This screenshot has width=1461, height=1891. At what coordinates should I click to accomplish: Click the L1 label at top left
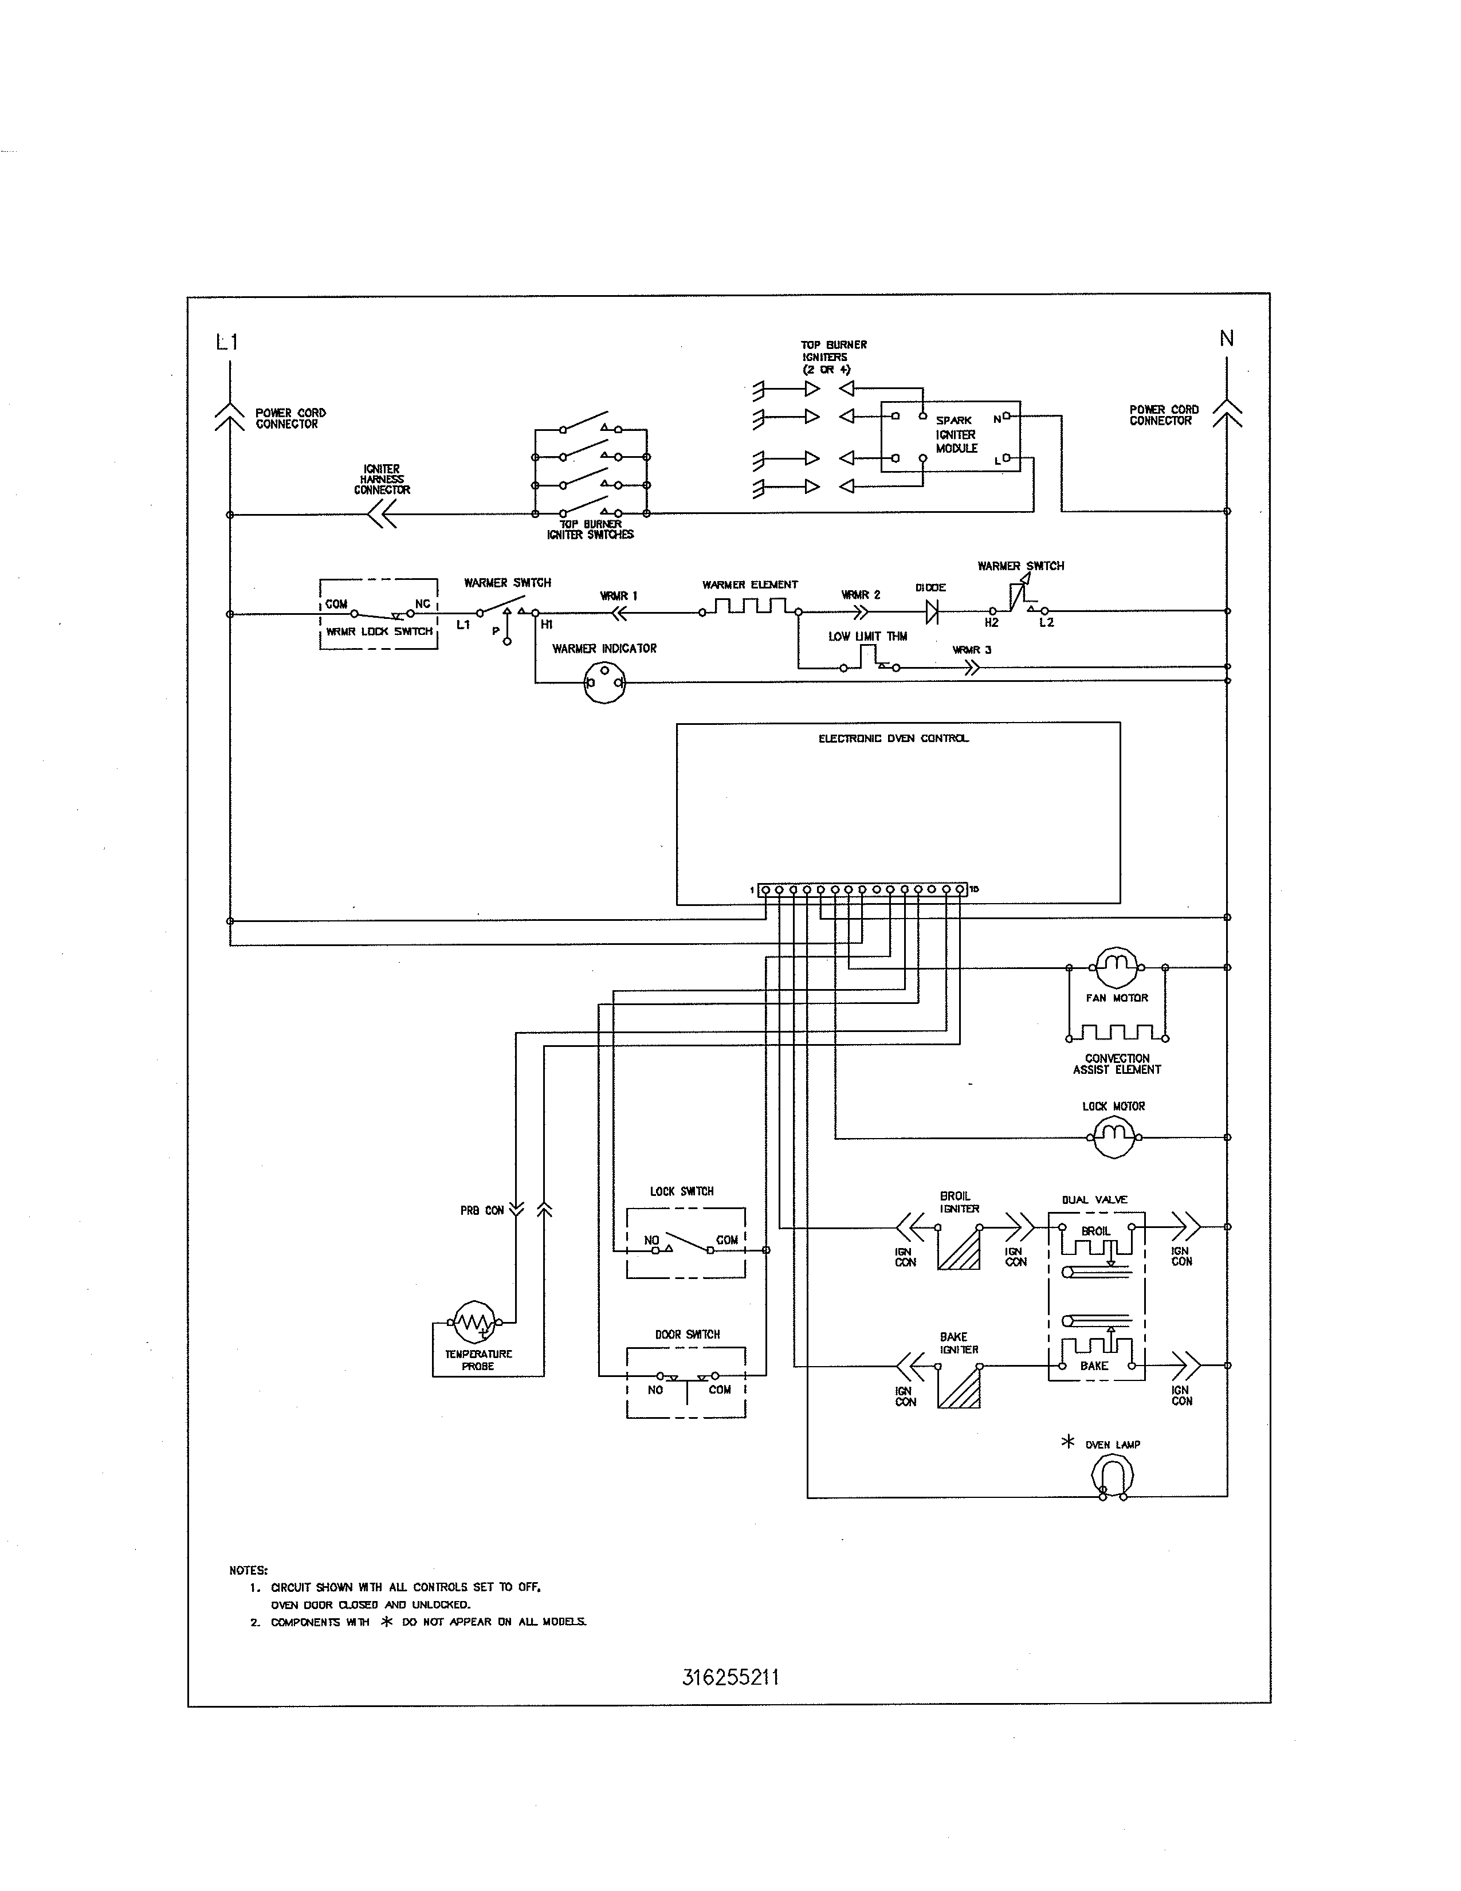tap(227, 343)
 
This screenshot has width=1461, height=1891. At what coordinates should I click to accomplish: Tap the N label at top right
tap(1227, 339)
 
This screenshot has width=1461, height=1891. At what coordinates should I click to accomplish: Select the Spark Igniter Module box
tap(951, 437)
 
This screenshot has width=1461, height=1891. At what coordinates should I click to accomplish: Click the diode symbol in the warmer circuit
tap(932, 612)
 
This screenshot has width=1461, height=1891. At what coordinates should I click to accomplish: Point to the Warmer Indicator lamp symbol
tap(604, 682)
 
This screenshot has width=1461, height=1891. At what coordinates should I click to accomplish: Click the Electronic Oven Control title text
tap(893, 739)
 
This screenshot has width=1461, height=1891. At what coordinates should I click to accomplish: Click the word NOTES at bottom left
tap(249, 1570)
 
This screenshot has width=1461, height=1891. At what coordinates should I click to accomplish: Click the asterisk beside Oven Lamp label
tap(1067, 1442)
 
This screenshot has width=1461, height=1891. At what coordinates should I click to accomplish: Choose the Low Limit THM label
tap(867, 637)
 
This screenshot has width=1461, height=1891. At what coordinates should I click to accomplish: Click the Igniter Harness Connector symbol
tap(382, 515)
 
